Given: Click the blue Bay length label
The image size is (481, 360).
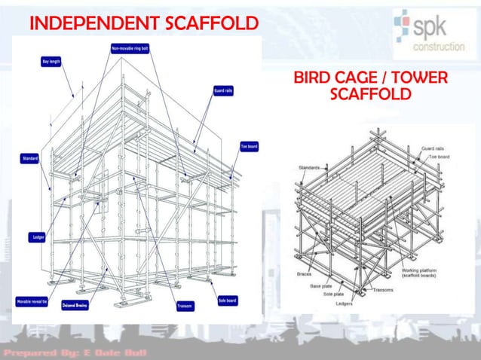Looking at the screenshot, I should pyautogui.click(x=51, y=61).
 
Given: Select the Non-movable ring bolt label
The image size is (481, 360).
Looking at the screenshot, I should pyautogui.click(x=130, y=47).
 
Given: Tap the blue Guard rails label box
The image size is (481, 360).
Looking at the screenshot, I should pyautogui.click(x=222, y=90).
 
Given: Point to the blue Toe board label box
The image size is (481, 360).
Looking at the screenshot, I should pyautogui.click(x=249, y=146).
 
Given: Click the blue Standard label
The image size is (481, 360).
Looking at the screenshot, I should pyautogui.click(x=29, y=158).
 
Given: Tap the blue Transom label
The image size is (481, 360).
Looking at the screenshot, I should pyautogui.click(x=184, y=306).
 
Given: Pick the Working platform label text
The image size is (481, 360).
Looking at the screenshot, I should pyautogui.click(x=421, y=272).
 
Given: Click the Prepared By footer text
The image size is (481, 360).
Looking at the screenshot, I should pyautogui.click(x=75, y=352).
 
